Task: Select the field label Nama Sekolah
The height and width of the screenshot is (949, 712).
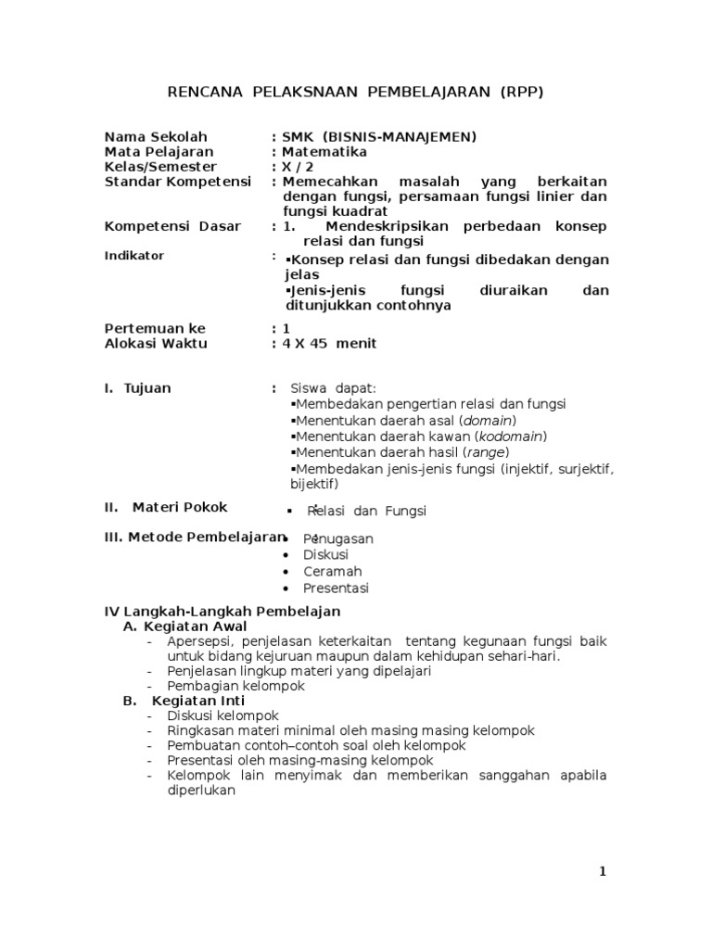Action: (157, 137)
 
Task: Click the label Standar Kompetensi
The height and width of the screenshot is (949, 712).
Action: (178, 182)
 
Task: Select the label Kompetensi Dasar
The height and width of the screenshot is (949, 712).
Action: (172, 226)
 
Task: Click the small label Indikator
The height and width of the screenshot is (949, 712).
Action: (134, 255)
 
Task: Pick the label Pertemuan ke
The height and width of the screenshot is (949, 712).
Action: (155, 328)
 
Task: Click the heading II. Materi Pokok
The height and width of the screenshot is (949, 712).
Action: (166, 507)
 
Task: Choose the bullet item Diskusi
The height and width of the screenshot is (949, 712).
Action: (326, 554)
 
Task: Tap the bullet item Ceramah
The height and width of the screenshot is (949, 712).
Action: (332, 571)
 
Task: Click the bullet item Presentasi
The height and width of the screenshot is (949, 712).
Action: (336, 588)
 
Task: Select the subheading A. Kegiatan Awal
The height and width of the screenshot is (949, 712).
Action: (184, 626)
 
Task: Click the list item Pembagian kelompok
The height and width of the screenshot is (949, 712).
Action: (235, 686)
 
